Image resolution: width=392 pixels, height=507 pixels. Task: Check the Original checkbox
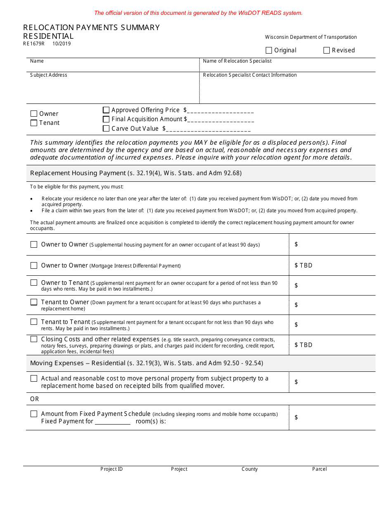269,50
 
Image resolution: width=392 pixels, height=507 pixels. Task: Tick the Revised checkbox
327,50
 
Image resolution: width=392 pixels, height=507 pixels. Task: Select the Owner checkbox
34,114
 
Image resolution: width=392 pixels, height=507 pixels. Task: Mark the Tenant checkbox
34,123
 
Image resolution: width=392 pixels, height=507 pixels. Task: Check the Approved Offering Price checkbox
106,110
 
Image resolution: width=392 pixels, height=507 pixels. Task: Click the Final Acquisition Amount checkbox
106,119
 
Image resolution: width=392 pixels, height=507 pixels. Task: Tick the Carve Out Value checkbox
106,128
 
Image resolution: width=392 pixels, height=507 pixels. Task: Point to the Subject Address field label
49,75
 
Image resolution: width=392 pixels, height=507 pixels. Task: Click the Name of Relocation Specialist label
237,61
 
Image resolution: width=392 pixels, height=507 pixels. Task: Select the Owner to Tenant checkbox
34,283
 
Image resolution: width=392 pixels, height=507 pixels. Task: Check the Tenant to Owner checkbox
34,302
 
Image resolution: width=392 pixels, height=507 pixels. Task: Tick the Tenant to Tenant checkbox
34,322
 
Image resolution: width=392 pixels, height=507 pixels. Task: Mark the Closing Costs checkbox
34,339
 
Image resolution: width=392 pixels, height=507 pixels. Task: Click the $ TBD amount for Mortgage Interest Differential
303,265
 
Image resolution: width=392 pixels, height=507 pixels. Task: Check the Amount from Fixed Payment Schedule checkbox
34,414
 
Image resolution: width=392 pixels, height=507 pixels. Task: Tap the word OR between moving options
35,399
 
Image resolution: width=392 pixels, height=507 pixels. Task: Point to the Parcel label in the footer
319,469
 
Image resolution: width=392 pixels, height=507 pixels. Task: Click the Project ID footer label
111,469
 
